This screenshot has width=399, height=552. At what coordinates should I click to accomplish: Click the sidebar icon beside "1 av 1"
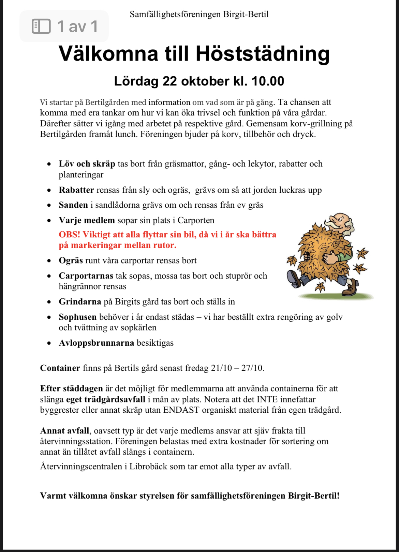pyautogui.click(x=41, y=26)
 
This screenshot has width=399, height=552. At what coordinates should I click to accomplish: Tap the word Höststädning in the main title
pyautogui.click(x=263, y=54)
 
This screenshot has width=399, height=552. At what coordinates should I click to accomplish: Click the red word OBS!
pyautogui.click(x=69, y=235)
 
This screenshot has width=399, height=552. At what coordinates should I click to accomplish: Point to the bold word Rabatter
pyautogui.click(x=76, y=190)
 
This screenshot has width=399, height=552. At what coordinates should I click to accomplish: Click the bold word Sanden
pyautogui.click(x=73, y=205)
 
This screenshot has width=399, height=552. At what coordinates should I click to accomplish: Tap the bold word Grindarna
pyautogui.click(x=80, y=302)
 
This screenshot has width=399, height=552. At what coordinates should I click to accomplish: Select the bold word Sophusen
pyautogui.click(x=78, y=317)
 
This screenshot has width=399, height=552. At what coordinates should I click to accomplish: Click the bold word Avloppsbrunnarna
pyautogui.click(x=97, y=343)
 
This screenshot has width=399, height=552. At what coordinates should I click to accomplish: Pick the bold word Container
pyautogui.click(x=60, y=368)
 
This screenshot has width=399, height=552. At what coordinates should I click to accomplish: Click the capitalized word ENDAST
pyautogui.click(x=181, y=410)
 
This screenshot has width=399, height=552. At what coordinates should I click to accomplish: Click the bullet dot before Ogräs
pyautogui.click(x=49, y=261)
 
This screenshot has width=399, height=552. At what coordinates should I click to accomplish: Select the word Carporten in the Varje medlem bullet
pyautogui.click(x=196, y=220)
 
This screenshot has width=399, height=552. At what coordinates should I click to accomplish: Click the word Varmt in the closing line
pyautogui.click(x=53, y=496)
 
